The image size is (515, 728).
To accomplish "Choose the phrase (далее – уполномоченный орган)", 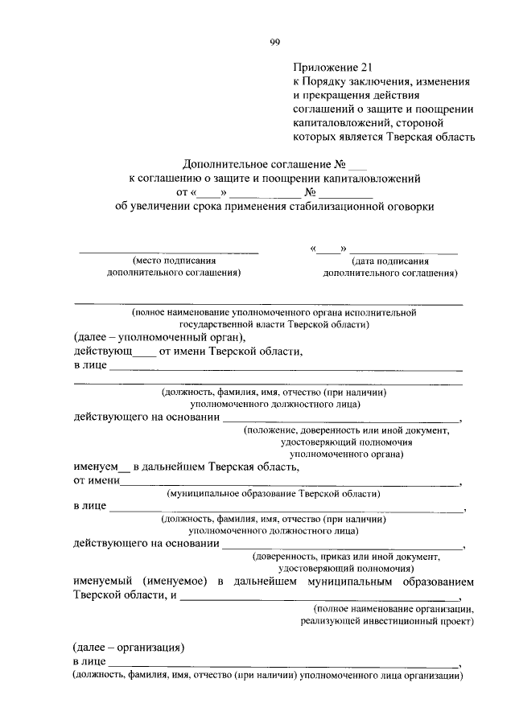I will pos(158,338).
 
